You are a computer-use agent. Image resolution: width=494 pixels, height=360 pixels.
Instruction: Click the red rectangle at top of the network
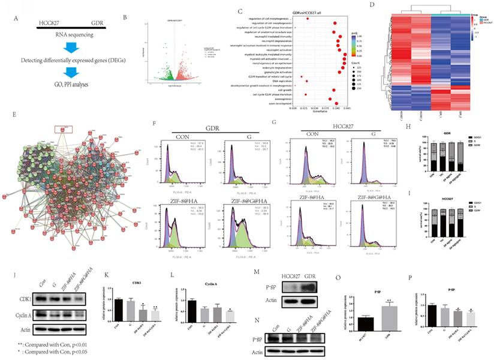(64, 128)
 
